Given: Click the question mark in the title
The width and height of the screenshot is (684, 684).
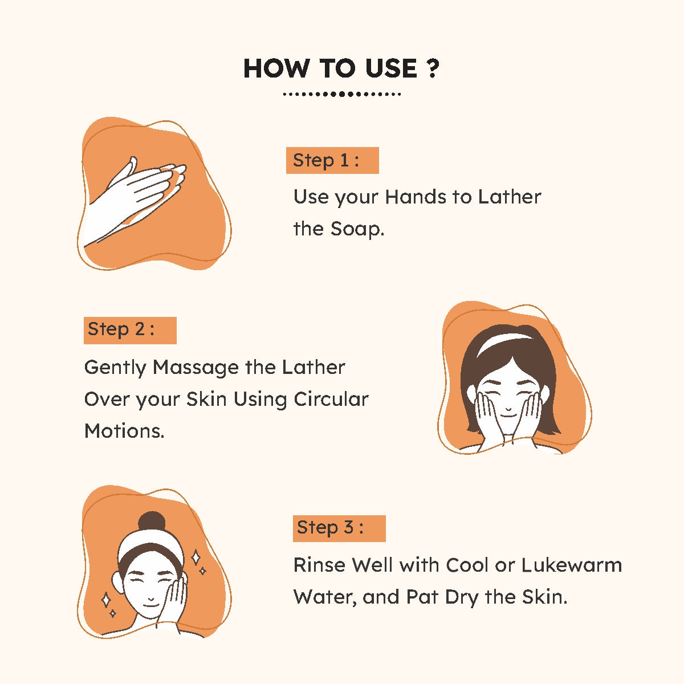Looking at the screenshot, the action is tap(432, 68).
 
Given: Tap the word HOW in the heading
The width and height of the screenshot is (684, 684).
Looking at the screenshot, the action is tap(276, 68).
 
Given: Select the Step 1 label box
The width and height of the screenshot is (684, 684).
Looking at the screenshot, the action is tap(332, 160).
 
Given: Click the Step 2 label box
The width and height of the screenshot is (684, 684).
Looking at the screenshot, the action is tap(130, 330).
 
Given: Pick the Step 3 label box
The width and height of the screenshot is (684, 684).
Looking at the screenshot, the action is tap(339, 528).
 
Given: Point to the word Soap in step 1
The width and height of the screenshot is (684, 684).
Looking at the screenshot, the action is tap(357, 229).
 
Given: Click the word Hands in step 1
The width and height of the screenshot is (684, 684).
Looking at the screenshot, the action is tap(416, 197).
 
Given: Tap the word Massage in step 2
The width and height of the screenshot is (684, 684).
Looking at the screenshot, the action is tap(196, 368).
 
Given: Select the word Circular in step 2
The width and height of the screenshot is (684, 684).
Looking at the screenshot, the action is tap(331, 399).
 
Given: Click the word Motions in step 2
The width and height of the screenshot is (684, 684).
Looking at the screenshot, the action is tap(124, 431).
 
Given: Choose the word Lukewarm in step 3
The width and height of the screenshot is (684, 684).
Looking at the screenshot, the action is tap(572, 565).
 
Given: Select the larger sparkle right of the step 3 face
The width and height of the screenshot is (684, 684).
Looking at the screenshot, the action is tap(196, 557).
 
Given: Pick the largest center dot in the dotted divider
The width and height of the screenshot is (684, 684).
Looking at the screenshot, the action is tap(341, 94).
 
